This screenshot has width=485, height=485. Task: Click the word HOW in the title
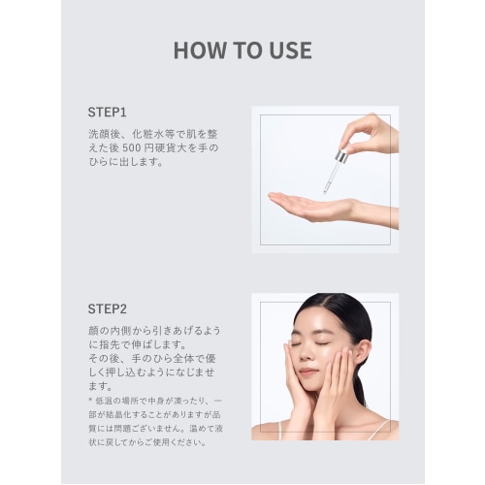click(200, 50)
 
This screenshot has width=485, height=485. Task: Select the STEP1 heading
click(107, 113)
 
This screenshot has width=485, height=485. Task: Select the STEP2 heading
click(108, 308)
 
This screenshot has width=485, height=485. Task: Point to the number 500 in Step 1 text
click(132, 148)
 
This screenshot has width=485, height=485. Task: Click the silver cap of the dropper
click(341, 157)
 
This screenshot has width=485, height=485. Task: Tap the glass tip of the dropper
click(326, 189)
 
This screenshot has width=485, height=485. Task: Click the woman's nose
click(306, 354)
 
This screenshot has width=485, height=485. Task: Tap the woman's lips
click(307, 372)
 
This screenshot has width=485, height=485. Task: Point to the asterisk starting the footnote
click(90, 401)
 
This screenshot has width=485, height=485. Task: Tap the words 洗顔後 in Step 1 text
click(105, 134)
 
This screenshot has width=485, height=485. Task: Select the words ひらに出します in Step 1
click(122, 162)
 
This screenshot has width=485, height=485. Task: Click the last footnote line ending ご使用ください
click(147, 442)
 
